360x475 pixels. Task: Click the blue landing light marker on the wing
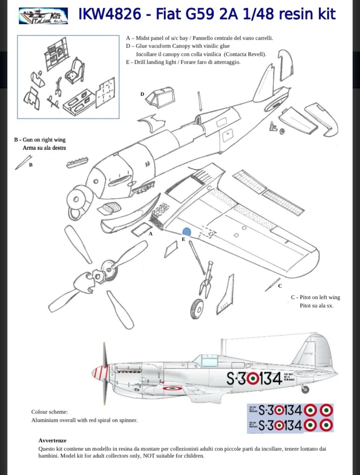(187, 232)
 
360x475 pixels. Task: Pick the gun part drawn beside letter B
(22, 162)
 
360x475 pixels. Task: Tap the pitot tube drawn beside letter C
(271, 284)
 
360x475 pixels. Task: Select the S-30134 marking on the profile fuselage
(254, 379)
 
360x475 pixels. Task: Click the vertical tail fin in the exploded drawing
(265, 84)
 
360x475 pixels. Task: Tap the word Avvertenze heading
(52, 440)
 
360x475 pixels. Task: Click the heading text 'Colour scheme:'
(49, 412)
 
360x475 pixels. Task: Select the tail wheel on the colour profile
(305, 389)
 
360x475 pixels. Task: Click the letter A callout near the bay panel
(151, 233)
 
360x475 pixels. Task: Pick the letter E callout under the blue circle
(183, 239)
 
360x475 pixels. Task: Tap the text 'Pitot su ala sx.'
(316, 306)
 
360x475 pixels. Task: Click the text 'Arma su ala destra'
(44, 147)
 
